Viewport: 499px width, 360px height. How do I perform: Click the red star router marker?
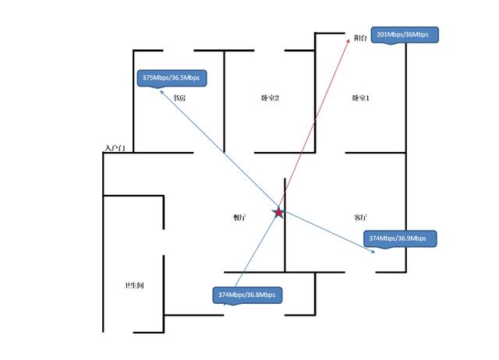pyautogui.click(x=278, y=211)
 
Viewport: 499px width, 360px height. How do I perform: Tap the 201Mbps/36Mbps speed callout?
pyautogui.click(x=402, y=35)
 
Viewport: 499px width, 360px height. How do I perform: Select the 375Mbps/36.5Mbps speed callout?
pyautogui.click(x=171, y=78)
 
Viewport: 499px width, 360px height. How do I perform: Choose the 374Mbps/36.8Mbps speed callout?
pyautogui.click(x=246, y=295)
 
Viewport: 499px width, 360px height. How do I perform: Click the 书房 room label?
pyautogui.click(x=179, y=98)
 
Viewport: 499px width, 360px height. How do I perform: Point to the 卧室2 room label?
pyautogui.click(x=271, y=98)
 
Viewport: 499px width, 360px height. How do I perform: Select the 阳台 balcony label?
pyautogui.click(x=360, y=37)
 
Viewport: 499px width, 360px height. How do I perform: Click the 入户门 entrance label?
pyautogui.click(x=114, y=147)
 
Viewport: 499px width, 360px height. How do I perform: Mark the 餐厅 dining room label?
pyautogui.click(x=240, y=218)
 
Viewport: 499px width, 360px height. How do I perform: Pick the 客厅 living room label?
pyautogui.click(x=360, y=217)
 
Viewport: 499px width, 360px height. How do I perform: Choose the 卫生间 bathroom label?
pyautogui.click(x=134, y=285)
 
